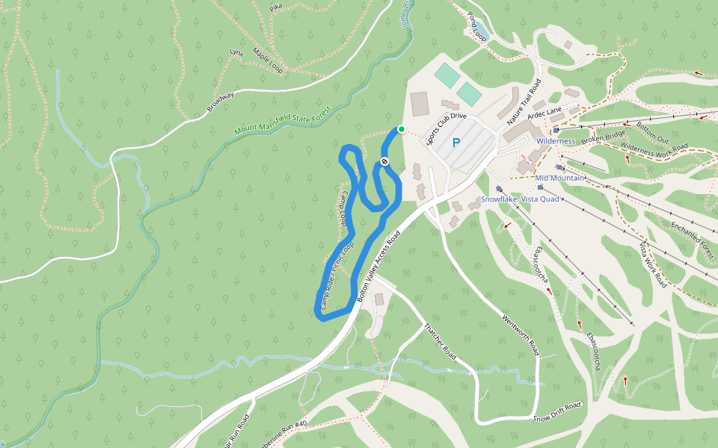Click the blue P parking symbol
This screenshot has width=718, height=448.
(455, 143)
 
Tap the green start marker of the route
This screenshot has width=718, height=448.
(402, 129)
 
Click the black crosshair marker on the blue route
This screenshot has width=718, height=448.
(384, 161)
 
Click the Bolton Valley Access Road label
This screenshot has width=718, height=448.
(379, 265)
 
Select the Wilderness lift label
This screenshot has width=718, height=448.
(556, 141)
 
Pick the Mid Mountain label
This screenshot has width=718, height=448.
(560, 178)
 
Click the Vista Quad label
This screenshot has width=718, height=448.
(540, 199)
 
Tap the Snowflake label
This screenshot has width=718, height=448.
(498, 199)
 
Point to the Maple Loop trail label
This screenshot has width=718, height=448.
(267, 60)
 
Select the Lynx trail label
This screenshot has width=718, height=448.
(237, 53)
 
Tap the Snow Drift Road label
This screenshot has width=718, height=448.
(557, 412)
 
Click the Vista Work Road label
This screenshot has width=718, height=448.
(653, 264)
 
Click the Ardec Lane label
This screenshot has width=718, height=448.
(544, 113)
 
